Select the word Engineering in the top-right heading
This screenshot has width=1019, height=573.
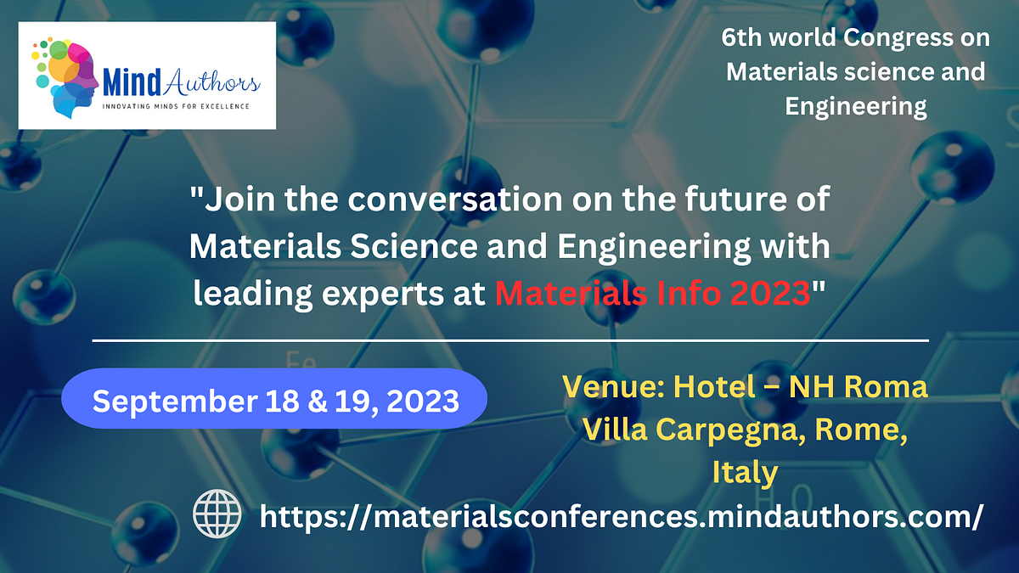855,106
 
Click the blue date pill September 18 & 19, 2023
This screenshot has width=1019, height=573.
275,399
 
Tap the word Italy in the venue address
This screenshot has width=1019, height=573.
745,472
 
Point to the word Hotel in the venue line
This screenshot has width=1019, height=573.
713,388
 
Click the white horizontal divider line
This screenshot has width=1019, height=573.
509,340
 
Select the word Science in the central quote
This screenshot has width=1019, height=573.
386,247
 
